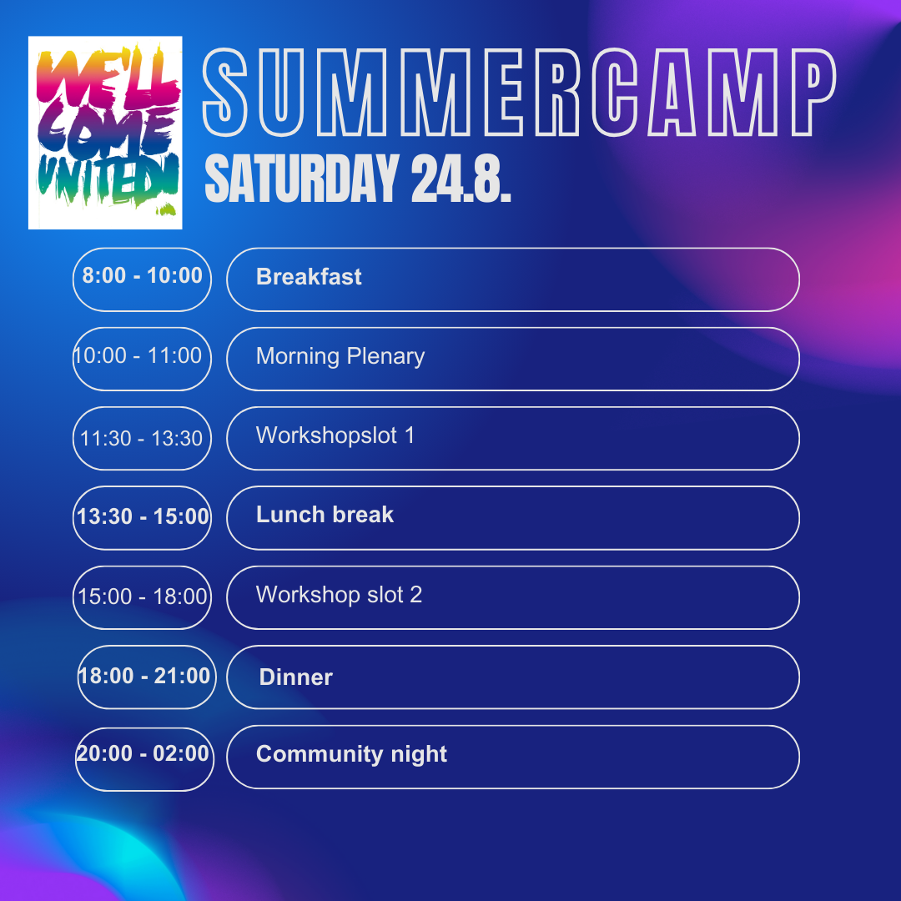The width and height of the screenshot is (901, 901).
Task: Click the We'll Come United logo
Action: pos(105,133)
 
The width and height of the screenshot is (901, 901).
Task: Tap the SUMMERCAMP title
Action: pos(520,93)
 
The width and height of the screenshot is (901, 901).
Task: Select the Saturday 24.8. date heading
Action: pos(357,179)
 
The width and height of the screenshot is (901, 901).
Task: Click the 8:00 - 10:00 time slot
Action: pos(142,275)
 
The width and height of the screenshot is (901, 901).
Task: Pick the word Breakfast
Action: pos(309,277)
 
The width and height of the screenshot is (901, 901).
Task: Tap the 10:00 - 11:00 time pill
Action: pos(142,359)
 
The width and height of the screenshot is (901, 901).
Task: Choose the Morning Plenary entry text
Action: pos(340,356)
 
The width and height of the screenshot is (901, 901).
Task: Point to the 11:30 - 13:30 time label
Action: pos(141,439)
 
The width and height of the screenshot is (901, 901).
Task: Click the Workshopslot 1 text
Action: pos(335,435)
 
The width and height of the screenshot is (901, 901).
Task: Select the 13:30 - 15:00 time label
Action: pos(143,516)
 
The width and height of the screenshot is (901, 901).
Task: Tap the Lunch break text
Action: pos(325,515)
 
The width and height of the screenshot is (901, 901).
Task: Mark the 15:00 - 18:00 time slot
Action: pos(142,596)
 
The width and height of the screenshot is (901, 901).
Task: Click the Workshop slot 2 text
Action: pos(339,595)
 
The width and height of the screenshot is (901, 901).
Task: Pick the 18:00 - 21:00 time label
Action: pos(144,676)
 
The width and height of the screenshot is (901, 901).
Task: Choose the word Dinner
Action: pos(296,677)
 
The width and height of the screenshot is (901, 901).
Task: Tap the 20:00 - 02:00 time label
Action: pos(143,753)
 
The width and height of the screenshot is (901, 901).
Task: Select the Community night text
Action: pos(352,754)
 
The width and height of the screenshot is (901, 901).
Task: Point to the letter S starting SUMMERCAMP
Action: pos(224,93)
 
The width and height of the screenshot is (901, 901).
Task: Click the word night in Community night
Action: pos(419,755)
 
